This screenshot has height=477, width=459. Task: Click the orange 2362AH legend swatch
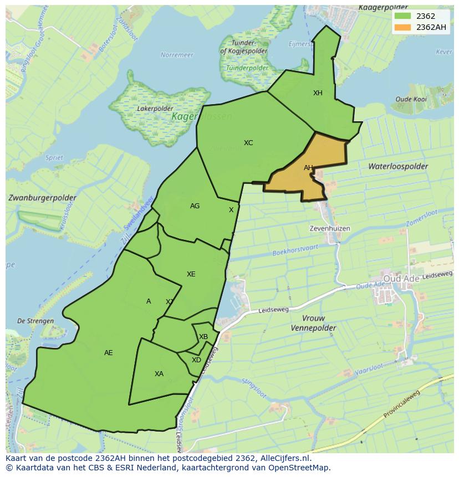(403, 27)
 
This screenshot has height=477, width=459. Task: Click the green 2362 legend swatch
(403, 16)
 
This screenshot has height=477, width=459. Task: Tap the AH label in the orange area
(308, 168)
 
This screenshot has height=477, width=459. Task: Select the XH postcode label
(318, 93)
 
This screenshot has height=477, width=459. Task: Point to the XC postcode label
(248, 143)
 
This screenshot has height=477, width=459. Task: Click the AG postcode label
(195, 206)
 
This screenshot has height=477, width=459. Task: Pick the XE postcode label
(191, 274)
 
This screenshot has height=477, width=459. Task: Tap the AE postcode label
(109, 353)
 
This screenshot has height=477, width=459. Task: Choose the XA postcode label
(159, 374)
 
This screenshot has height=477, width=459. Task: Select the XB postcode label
(203, 337)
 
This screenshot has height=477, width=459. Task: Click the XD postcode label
(196, 360)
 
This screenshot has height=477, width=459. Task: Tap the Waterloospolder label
(398, 166)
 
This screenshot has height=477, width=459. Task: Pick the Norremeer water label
(177, 55)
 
